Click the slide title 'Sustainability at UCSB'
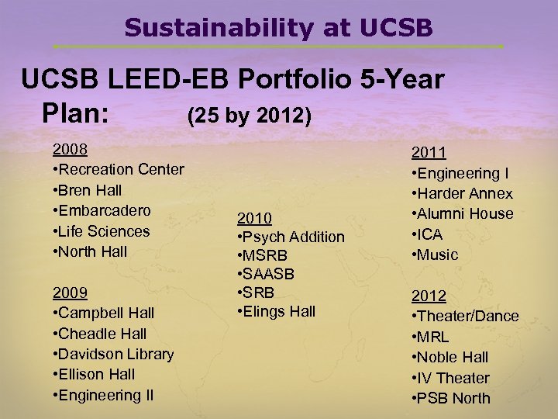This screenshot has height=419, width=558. [x=278, y=28]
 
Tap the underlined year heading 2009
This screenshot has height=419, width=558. [x=69, y=293]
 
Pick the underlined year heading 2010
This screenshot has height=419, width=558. [x=254, y=216]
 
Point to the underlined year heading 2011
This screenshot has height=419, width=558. [x=428, y=153]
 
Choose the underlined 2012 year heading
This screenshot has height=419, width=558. [x=428, y=296]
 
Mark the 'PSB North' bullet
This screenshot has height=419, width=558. [x=453, y=398]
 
